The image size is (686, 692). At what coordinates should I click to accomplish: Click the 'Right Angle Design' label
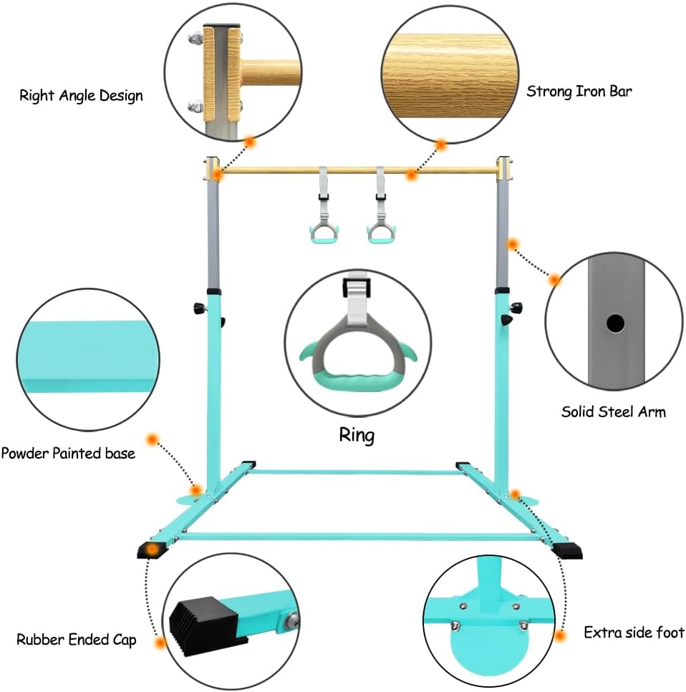(x=81, y=96)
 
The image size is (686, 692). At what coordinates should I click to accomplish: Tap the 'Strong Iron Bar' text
(x=579, y=92)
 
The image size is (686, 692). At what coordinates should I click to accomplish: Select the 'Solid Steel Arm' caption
(x=614, y=411)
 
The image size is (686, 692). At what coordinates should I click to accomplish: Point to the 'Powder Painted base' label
(x=68, y=453)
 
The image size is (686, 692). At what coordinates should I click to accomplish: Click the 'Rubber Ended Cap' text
(x=76, y=640)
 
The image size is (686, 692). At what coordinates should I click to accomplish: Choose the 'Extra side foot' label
(x=634, y=633)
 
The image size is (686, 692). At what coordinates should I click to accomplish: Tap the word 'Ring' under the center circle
(x=357, y=435)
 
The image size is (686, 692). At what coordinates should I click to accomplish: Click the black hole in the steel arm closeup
(x=615, y=323)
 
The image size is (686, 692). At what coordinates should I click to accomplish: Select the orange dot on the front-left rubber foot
(x=153, y=550)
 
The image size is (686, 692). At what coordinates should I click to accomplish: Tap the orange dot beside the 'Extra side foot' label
(x=560, y=636)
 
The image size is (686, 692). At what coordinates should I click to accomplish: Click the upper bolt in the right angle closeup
(x=195, y=39)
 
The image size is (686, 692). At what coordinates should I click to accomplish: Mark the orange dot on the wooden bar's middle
(x=411, y=175)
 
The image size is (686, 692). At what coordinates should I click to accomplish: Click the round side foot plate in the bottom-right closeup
(x=489, y=645)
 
